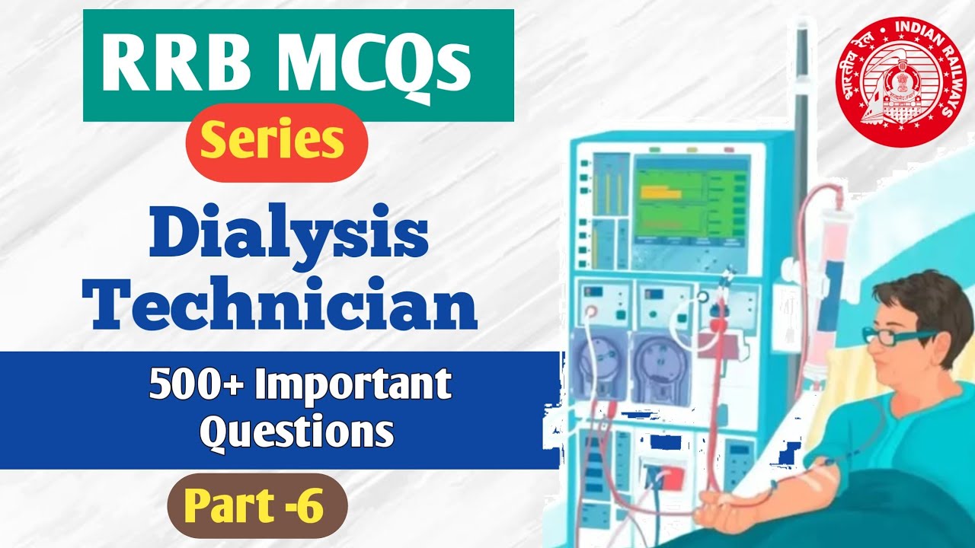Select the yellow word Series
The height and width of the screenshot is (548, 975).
(277, 142)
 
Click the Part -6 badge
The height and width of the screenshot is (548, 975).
(257, 505)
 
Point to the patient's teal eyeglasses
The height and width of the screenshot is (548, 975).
(891, 336)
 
